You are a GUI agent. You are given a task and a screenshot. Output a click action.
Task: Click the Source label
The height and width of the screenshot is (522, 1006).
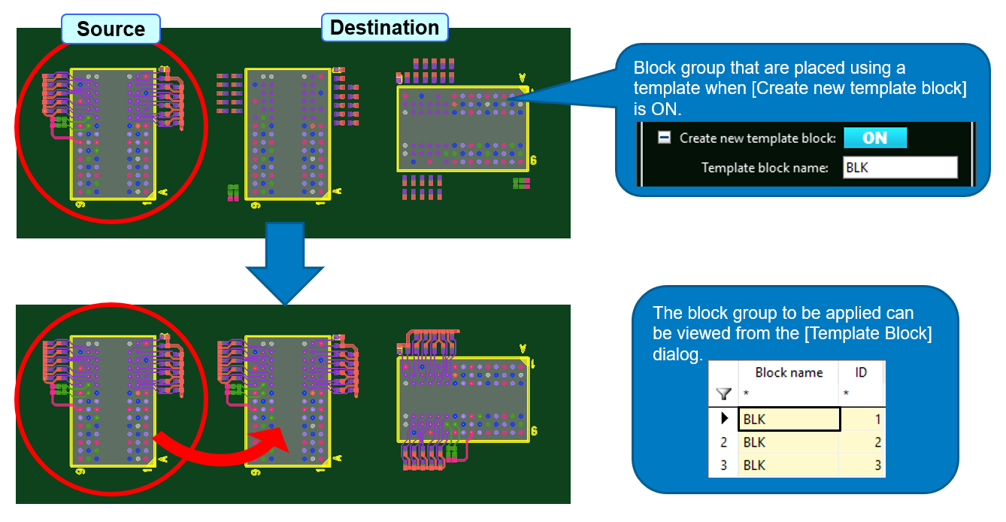[111, 29]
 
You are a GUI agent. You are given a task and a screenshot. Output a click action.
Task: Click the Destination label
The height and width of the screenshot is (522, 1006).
[384, 28]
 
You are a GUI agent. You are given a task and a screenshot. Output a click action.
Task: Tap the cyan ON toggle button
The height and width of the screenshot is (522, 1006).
[874, 138]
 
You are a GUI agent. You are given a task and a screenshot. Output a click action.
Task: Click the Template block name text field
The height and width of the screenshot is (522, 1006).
[899, 168]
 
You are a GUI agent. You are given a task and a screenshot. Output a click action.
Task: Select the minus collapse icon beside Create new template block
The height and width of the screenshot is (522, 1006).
[665, 138]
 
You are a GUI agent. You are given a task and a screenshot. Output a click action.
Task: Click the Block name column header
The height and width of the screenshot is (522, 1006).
[789, 372]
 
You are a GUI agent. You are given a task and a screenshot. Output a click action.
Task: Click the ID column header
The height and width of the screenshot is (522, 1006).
[862, 372]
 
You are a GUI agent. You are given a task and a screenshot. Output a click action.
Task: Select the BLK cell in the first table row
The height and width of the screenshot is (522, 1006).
[789, 419]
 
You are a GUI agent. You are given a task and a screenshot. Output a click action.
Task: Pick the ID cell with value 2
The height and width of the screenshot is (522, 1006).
[862, 442]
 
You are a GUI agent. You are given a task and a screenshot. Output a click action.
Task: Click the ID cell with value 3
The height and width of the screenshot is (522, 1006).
[862, 466]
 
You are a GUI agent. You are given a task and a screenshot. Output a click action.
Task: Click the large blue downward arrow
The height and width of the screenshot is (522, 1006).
[284, 267]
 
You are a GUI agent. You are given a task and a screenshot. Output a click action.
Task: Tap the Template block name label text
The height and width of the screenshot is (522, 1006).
[764, 168]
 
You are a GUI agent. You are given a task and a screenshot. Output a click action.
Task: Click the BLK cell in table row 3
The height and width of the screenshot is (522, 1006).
[789, 466]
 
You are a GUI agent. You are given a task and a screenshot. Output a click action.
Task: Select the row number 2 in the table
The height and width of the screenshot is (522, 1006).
[724, 442]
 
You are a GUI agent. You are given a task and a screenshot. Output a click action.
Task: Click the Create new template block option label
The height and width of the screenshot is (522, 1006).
[757, 138]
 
